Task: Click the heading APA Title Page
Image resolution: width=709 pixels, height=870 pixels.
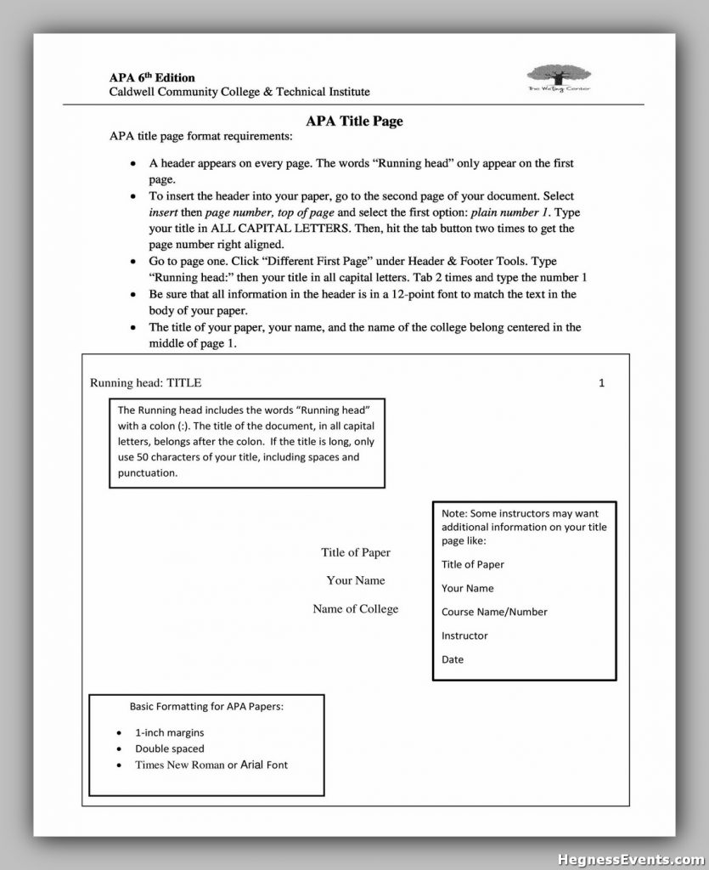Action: pos(354,121)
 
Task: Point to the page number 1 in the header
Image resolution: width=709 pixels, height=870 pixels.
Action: pos(601,383)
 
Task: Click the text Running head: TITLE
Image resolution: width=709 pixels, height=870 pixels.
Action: pos(146,383)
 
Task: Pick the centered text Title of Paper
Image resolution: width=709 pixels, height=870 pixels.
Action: pos(356,553)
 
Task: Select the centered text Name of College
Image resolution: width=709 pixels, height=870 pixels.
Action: pos(355,609)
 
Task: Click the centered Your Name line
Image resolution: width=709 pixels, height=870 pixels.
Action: pos(356,581)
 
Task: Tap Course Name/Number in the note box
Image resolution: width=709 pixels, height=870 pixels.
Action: pos(494,612)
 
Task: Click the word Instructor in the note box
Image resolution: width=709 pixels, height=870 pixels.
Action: pos(464,636)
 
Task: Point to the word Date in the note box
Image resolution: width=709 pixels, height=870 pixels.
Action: pos(453,659)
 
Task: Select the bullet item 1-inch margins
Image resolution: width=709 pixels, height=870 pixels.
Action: pos(170,732)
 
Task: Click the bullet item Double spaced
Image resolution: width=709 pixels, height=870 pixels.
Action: pos(170,749)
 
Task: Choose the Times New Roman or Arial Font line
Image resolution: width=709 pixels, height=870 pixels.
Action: pos(211,765)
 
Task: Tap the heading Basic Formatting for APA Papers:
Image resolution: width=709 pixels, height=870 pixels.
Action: pos(206,706)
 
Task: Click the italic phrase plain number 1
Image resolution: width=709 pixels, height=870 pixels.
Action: pos(508,212)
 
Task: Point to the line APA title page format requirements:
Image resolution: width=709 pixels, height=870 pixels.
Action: pos(200,136)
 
